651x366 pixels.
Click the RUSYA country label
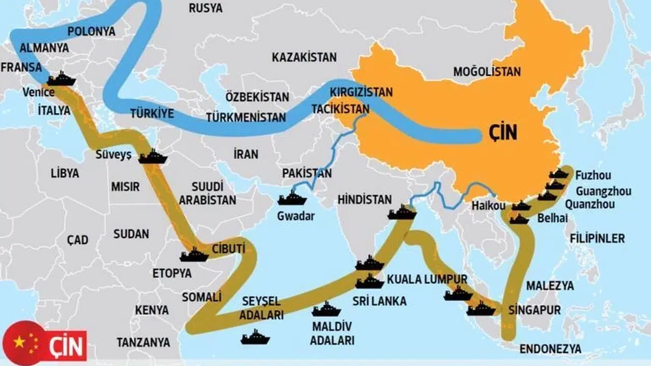pos(205,8)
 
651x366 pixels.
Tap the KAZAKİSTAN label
pos(304,57)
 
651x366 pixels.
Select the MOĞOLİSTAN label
pos(487,72)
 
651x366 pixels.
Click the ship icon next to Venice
pos(62,79)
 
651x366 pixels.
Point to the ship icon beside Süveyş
pos(153,157)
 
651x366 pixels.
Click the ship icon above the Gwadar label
pos(292,199)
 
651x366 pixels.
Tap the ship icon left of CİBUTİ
pos(194,255)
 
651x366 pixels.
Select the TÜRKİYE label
pos(152,113)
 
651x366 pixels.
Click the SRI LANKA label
pos(379,301)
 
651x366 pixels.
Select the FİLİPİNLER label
pos(597,238)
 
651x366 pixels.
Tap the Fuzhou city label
pos(593,176)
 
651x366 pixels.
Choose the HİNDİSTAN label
pos(365,200)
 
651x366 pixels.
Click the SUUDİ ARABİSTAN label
pos(207,193)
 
